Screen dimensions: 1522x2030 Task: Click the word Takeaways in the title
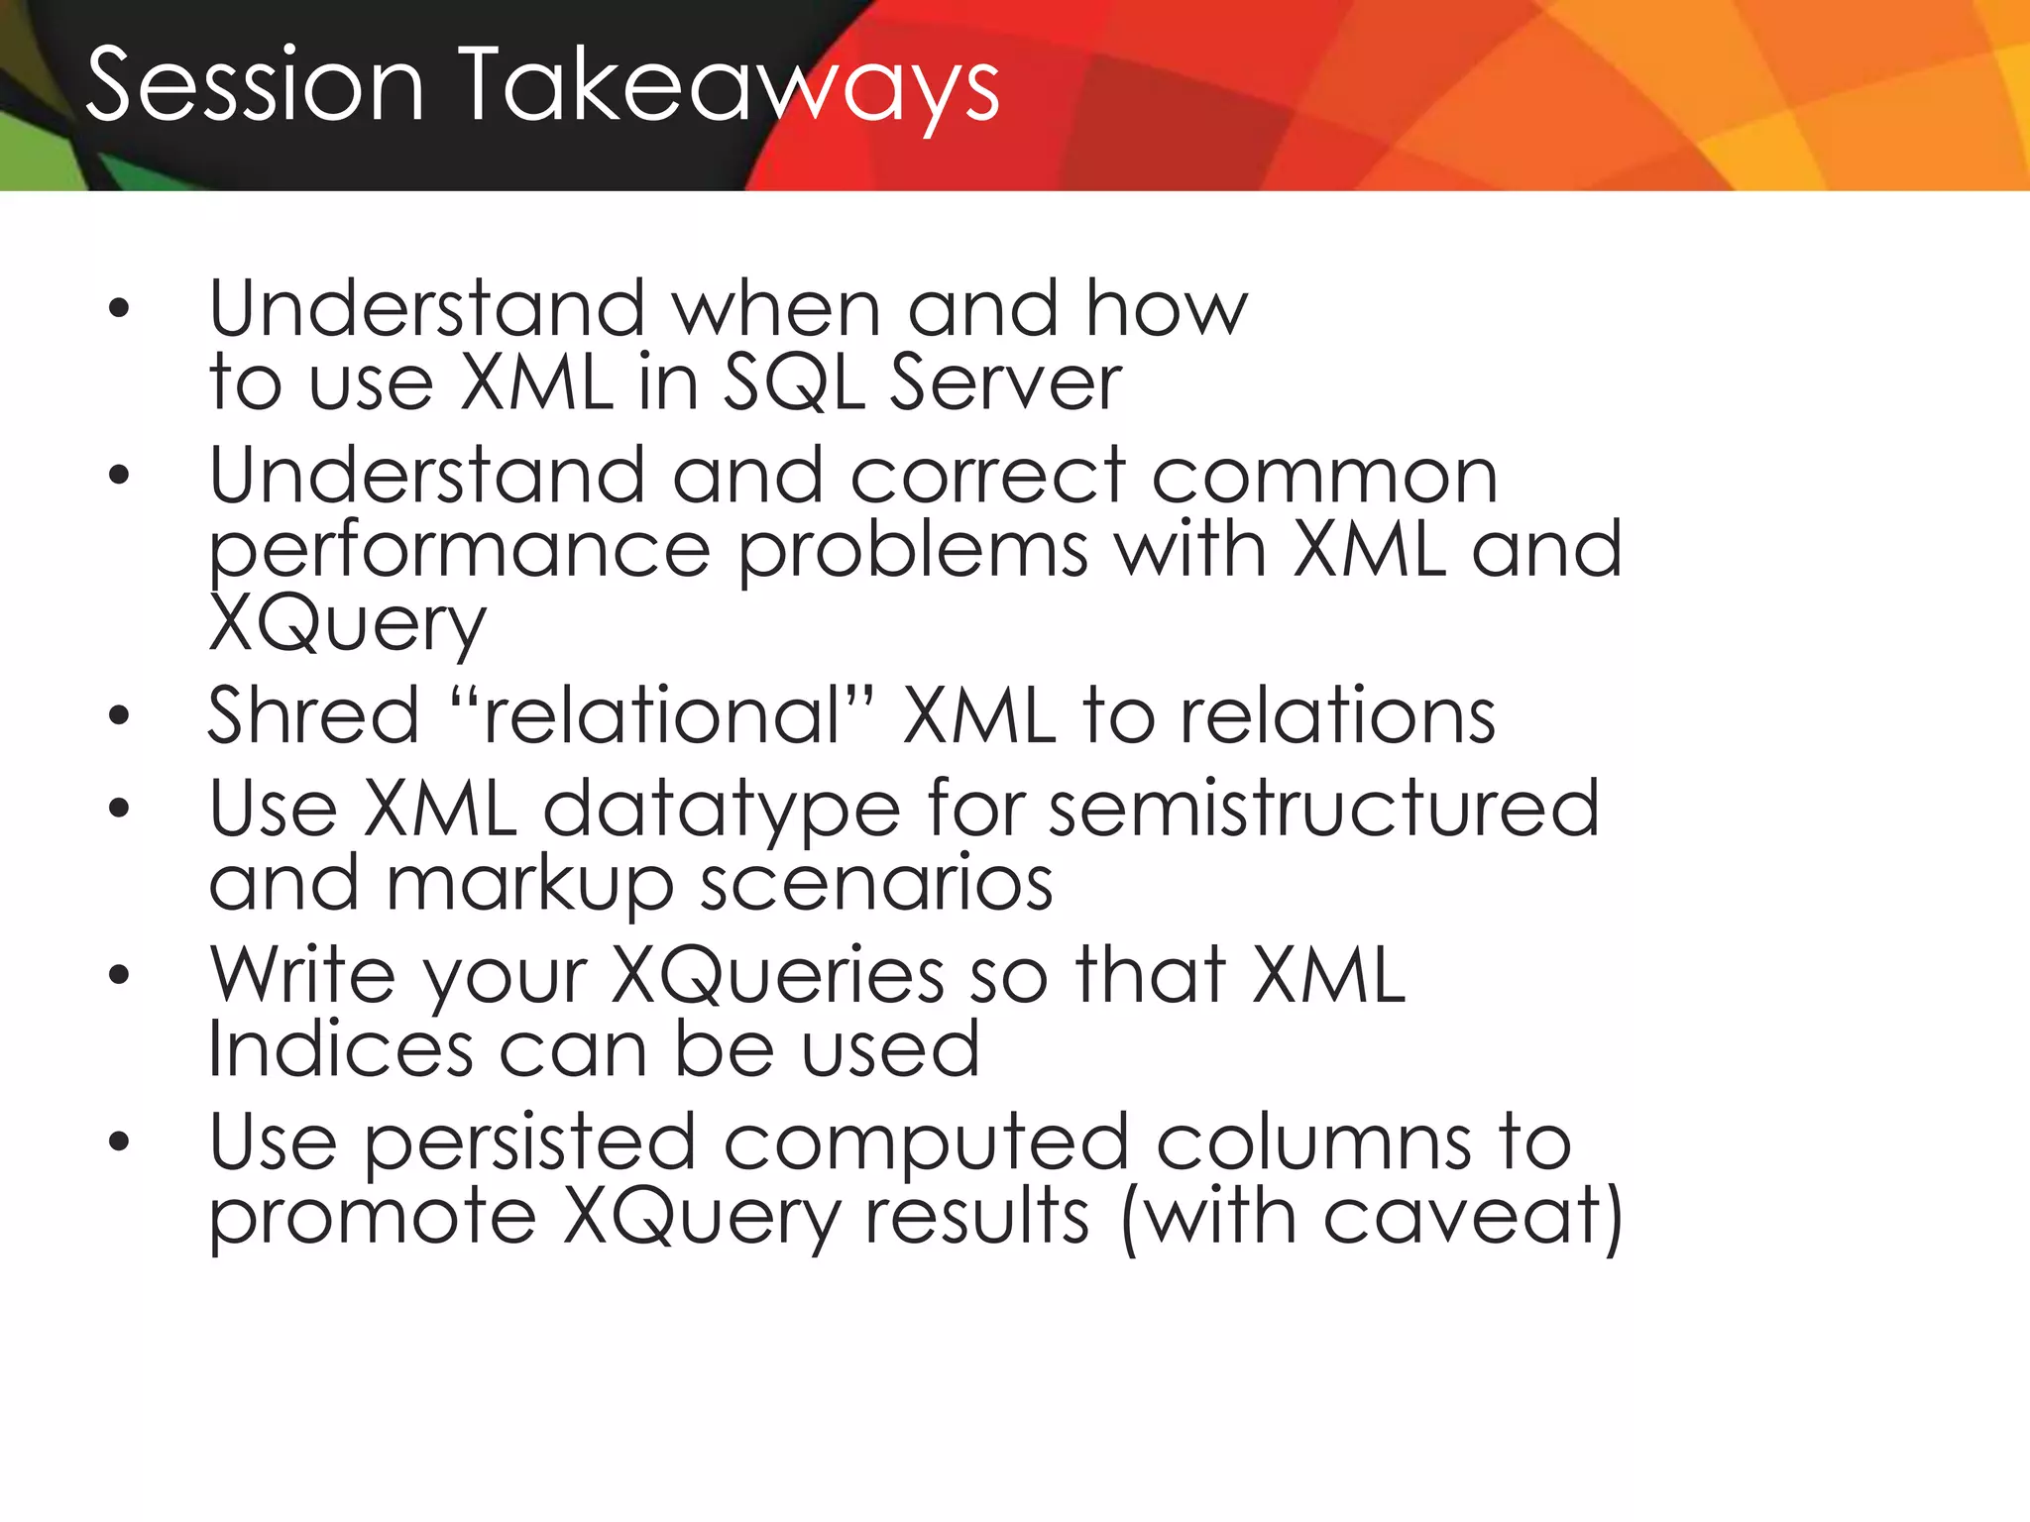(x=731, y=89)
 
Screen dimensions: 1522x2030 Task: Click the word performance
(x=459, y=553)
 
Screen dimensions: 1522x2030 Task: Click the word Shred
(x=314, y=715)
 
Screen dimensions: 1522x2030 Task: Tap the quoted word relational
(x=662, y=715)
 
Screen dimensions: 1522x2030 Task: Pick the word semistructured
(x=1323, y=809)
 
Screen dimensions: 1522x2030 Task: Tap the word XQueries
(x=777, y=977)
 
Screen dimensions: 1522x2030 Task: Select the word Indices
(x=340, y=1049)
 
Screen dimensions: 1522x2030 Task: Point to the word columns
(x=1313, y=1142)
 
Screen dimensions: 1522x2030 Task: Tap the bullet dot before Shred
(x=119, y=715)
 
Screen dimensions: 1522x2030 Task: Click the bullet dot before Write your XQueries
(x=119, y=975)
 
